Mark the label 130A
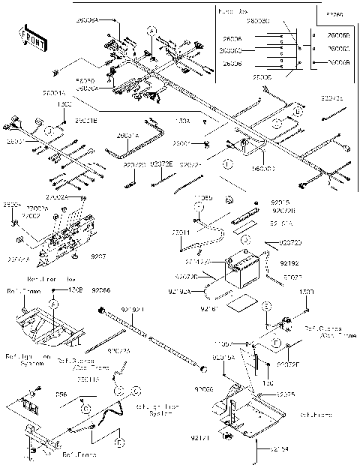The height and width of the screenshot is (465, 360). coord(182,120)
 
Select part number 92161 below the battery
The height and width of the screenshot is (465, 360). coord(214,307)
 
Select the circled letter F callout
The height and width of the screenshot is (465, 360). coord(275,342)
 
